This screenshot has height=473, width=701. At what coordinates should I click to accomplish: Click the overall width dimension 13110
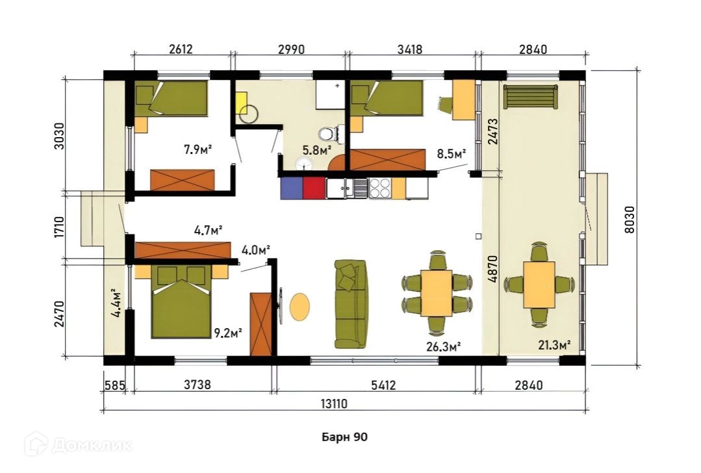click(334, 403)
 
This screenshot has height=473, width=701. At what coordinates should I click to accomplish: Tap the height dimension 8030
click(629, 219)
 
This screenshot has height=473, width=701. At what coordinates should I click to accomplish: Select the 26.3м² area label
click(444, 346)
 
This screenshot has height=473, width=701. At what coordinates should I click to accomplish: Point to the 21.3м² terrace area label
click(554, 345)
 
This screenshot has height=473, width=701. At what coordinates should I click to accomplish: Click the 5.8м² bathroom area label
click(316, 150)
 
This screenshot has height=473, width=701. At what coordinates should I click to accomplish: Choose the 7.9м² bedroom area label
click(198, 149)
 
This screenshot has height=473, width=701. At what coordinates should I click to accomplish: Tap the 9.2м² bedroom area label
click(228, 333)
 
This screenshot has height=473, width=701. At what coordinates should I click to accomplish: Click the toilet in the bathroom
click(328, 134)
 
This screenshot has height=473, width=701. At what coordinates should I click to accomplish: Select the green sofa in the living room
click(351, 305)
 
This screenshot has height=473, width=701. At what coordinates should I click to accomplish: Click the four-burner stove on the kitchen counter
click(379, 188)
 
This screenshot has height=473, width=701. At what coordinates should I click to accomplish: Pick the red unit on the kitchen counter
click(314, 188)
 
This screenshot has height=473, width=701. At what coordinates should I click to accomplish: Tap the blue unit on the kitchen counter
click(292, 188)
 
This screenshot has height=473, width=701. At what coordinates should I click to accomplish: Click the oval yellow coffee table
click(300, 306)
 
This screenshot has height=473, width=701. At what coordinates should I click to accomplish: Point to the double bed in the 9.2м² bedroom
click(181, 301)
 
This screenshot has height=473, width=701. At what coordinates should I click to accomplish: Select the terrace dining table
click(539, 285)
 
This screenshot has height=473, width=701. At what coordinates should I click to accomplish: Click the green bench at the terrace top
click(531, 96)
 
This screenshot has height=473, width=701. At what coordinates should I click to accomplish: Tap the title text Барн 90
click(345, 437)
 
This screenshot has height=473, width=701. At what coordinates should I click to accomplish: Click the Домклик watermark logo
click(78, 444)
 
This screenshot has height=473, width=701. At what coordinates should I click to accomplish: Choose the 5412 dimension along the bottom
click(383, 385)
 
